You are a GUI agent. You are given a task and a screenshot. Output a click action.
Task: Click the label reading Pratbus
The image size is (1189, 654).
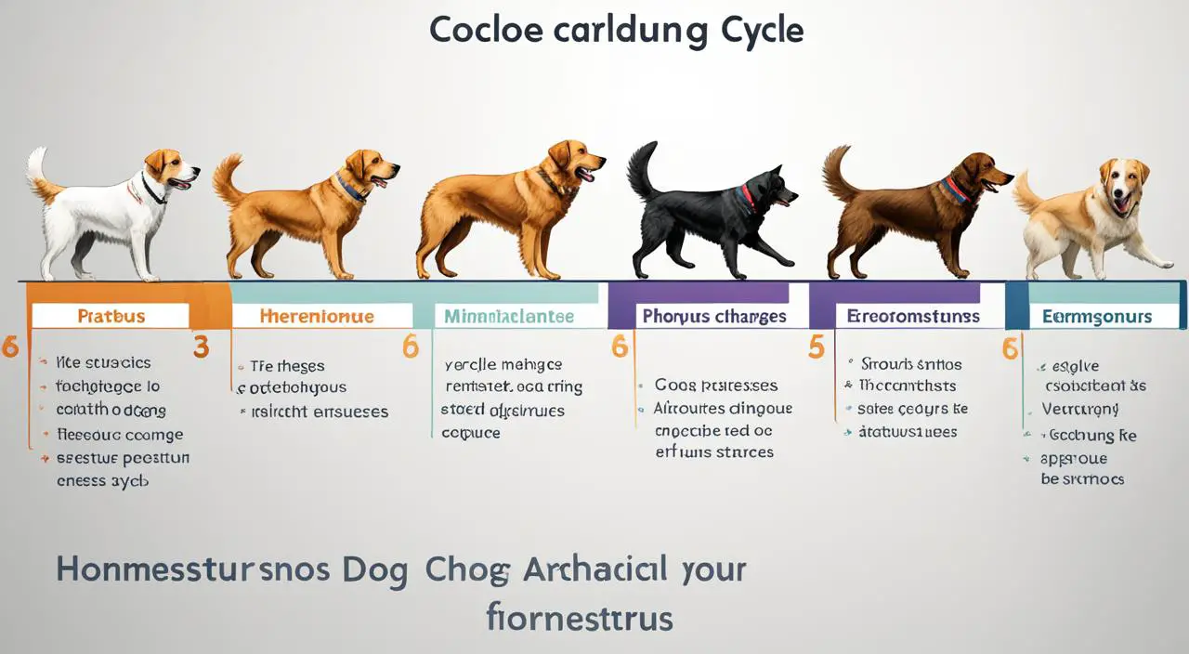[111, 316]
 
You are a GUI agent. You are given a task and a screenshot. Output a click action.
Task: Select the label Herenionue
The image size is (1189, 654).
[317, 316]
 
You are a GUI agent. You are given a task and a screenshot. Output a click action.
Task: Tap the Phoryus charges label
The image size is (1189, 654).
[713, 316]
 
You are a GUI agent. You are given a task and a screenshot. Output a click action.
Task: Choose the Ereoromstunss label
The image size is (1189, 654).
[912, 316]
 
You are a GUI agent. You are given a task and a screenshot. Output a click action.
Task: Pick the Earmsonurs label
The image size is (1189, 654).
[1096, 317]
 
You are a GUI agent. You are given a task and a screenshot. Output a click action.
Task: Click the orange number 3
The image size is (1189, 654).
[201, 347]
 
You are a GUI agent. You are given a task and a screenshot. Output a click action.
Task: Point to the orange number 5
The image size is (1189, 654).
[816, 347]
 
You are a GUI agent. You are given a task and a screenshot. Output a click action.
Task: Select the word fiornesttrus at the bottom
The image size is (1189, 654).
[580, 617]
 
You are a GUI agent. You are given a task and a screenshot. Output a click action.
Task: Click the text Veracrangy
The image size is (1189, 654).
[1079, 409]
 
